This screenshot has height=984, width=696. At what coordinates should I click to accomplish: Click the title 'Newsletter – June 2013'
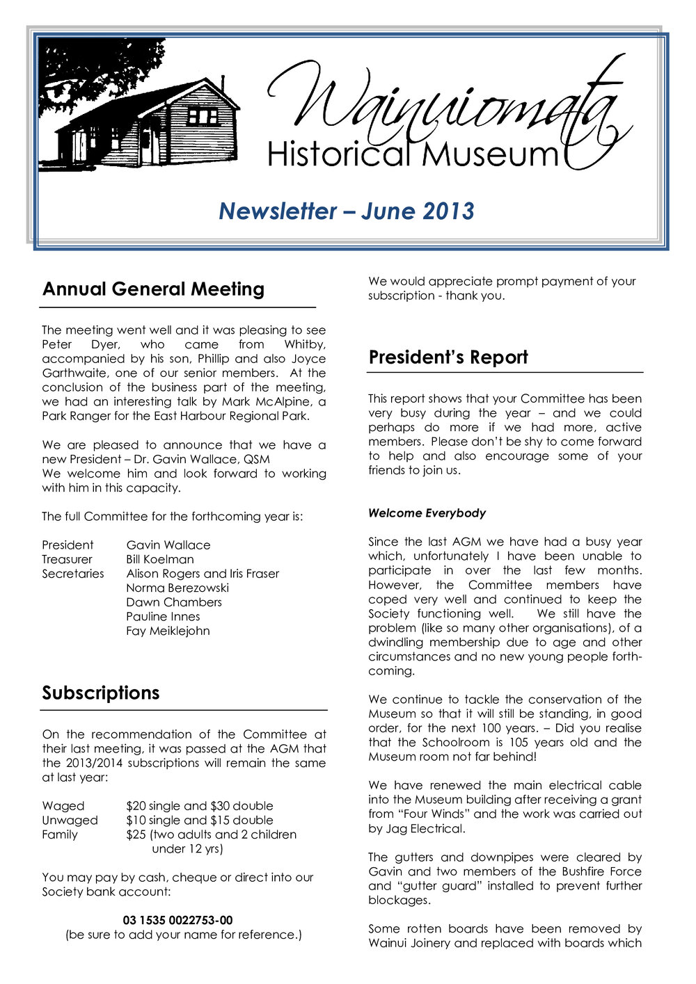pyautogui.click(x=346, y=211)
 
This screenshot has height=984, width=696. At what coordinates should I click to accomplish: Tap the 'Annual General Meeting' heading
pyautogui.click(x=153, y=289)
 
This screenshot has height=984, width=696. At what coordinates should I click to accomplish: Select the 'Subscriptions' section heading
pyautogui.click(x=101, y=693)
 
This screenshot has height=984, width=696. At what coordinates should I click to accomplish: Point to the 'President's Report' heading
pyautogui.click(x=448, y=357)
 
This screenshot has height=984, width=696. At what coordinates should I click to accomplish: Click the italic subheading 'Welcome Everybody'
pyautogui.click(x=427, y=513)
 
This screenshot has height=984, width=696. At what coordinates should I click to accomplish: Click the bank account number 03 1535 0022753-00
pyautogui.click(x=177, y=920)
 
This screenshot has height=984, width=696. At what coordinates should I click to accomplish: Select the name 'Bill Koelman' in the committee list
pyautogui.click(x=160, y=559)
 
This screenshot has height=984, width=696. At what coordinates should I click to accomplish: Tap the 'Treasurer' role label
pyautogui.click(x=67, y=559)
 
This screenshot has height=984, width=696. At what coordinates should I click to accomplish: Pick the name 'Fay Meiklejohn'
pyautogui.click(x=168, y=631)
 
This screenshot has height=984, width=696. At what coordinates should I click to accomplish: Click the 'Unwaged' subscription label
pyautogui.click(x=70, y=820)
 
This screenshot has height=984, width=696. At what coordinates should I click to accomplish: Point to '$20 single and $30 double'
pyautogui.click(x=200, y=806)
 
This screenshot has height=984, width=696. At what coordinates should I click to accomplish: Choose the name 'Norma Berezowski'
pyautogui.click(x=177, y=588)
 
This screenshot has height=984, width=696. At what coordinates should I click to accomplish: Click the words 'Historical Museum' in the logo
pyautogui.click(x=412, y=154)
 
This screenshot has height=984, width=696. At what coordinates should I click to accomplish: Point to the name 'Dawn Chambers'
pyautogui.click(x=174, y=602)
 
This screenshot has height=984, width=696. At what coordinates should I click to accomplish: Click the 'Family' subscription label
pyautogui.click(x=60, y=834)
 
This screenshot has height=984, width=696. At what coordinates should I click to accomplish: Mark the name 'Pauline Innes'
pyautogui.click(x=163, y=616)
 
